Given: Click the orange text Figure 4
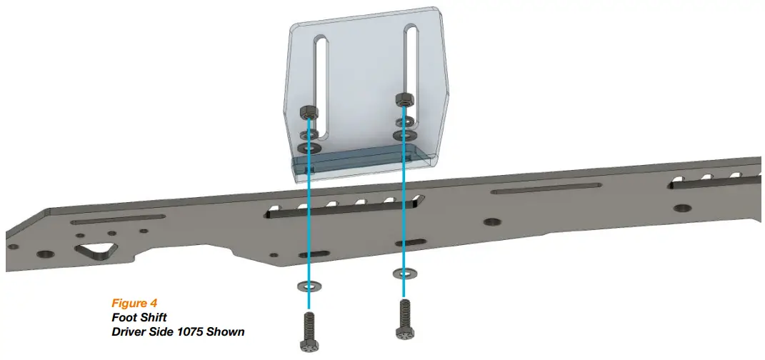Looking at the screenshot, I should pos(135,304).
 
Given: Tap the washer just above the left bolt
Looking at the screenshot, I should pos(307,287).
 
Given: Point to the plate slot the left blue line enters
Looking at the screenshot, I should pos(312,254).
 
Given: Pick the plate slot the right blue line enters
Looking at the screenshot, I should pos(404,242).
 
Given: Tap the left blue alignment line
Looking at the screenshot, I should pos(309,214).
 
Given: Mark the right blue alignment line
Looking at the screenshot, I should pos(403,200).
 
